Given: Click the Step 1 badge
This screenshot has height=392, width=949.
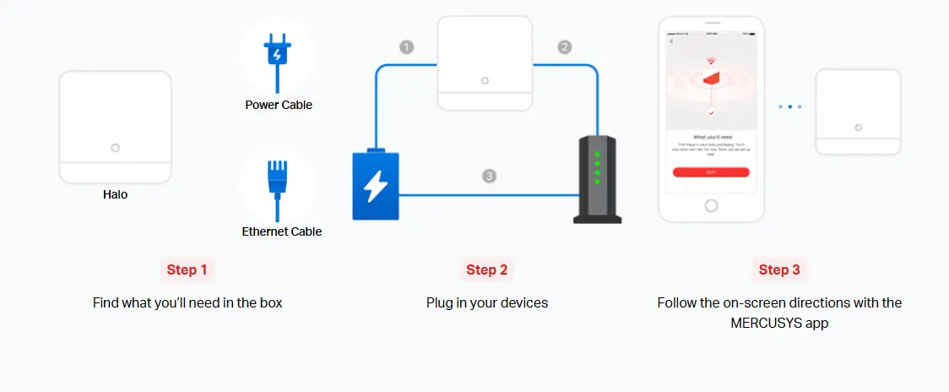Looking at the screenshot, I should [x=187, y=269].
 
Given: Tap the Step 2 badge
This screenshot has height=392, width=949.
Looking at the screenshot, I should [x=487, y=269].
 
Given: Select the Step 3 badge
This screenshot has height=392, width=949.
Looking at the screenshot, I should [x=779, y=269].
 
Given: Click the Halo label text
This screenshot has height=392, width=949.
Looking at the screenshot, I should [x=116, y=194].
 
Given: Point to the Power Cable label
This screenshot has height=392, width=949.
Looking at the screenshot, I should [x=279, y=106].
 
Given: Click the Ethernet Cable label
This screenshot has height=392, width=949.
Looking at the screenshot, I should [x=282, y=231].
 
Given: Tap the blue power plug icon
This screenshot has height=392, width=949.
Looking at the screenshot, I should [x=277, y=53].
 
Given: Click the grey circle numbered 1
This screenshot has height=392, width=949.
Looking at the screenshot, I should [x=407, y=47].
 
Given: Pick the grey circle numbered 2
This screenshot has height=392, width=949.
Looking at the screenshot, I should [x=565, y=47].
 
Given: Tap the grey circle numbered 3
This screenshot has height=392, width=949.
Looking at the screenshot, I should [x=489, y=177].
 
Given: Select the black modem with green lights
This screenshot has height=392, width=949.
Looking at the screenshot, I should [x=597, y=179].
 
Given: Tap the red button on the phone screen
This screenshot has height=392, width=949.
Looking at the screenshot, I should [x=711, y=171].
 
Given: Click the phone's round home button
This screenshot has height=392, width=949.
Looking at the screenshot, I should [x=711, y=205].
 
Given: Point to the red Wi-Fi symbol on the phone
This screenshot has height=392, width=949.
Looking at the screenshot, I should [x=711, y=62].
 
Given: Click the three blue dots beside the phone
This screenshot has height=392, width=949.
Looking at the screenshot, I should [x=789, y=107].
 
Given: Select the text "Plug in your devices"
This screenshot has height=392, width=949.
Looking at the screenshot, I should [x=487, y=302].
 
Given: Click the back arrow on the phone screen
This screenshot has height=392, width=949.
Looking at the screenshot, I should [x=672, y=41].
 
